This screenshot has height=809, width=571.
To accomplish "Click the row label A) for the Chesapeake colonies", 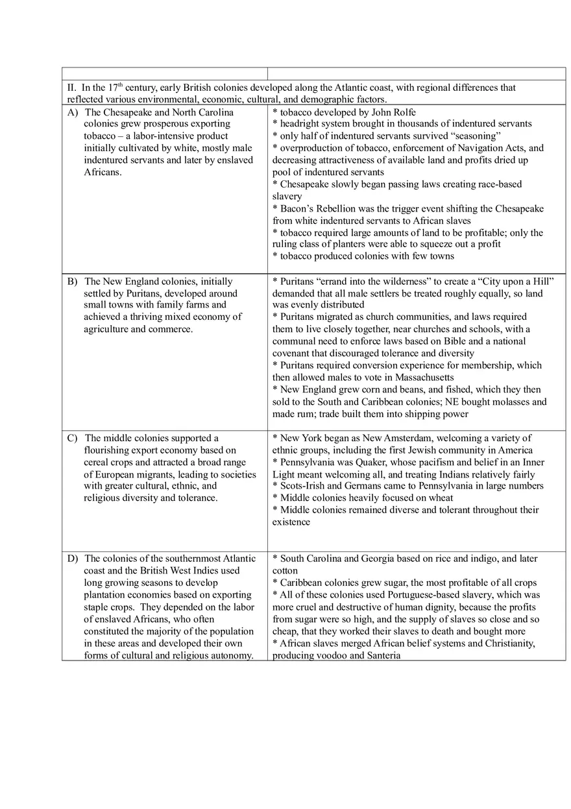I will point(73,112).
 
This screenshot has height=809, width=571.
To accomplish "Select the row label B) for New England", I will point(73,282).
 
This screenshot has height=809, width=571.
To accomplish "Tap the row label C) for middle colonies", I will point(73,438).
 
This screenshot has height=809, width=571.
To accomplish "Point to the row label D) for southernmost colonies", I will point(73,559).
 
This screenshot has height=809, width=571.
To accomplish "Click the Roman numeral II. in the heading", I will point(72,88).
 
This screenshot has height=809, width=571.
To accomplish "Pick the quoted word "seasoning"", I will point(473,136).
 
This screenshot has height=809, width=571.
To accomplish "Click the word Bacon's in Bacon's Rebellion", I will point(298,209).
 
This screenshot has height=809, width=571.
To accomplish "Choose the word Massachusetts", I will point(421,378).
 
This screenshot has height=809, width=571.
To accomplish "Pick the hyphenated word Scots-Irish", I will point(303,486).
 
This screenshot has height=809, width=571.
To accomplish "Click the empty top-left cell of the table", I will point(164,73).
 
